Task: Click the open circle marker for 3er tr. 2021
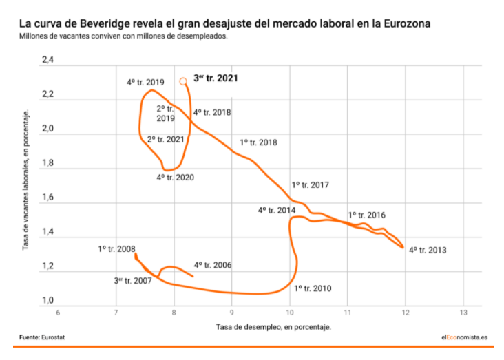point(183,81)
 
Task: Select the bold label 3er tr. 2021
point(216,78)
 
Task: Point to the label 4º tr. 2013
point(428,250)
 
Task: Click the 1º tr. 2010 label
point(313,288)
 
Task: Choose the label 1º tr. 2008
point(116,249)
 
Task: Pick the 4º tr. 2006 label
point(212,265)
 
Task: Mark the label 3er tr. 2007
point(132,280)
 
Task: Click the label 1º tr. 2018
point(258,142)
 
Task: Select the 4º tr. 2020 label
point(175,178)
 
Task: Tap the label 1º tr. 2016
point(366,215)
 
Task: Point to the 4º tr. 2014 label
point(277,210)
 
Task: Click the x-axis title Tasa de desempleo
point(273,326)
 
